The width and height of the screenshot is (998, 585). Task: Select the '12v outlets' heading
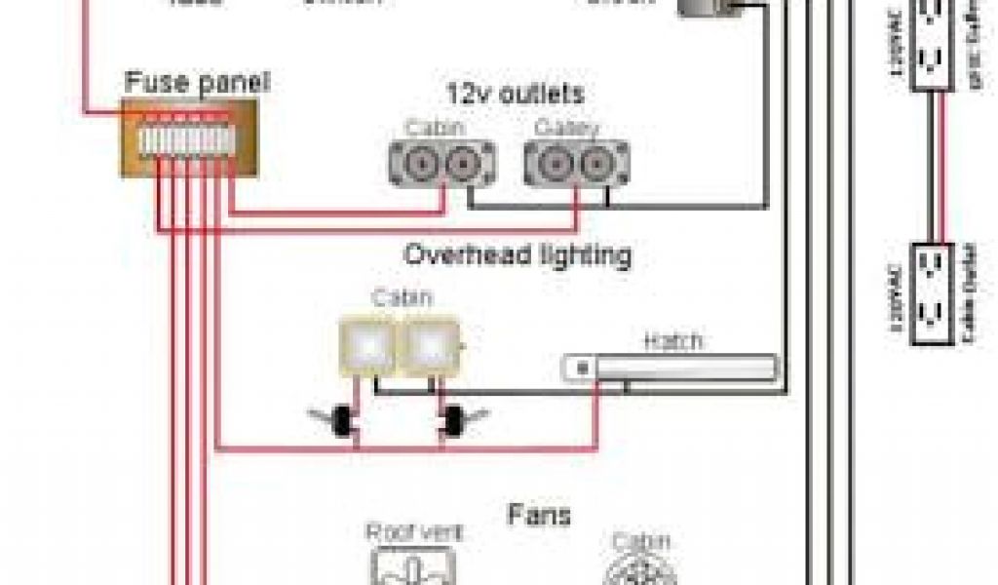click(x=515, y=95)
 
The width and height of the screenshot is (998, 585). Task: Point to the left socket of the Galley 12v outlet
click(x=554, y=164)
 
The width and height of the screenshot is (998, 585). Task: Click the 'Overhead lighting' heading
click(x=517, y=255)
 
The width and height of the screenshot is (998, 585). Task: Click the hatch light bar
click(x=672, y=368)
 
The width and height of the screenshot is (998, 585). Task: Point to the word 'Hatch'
click(x=672, y=342)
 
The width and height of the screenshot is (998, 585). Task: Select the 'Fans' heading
click(x=538, y=514)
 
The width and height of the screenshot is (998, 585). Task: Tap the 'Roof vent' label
click(x=414, y=532)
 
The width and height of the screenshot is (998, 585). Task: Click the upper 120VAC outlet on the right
click(x=931, y=46)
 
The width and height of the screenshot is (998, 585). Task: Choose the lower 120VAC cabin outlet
click(x=931, y=293)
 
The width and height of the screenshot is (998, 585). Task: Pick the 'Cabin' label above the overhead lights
click(x=401, y=298)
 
